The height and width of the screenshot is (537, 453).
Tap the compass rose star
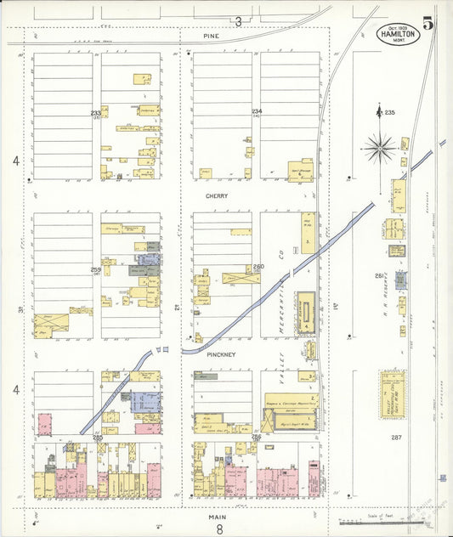pos(380,147)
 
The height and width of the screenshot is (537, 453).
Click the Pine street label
pos(211,37)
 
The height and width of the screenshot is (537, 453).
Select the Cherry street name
pos(216,195)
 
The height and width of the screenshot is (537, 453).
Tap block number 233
pos(96,113)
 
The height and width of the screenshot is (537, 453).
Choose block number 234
pos(256,112)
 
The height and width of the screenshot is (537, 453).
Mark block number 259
pos(96,269)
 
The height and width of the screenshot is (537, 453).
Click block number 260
pos(258,267)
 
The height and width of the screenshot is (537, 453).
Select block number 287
pos(395,437)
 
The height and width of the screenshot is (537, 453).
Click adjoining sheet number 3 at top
pos(239,21)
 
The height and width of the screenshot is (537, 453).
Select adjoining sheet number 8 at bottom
pos(218,529)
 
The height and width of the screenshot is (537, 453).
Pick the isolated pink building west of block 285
pos(43,423)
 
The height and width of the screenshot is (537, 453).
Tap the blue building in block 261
pos(400,280)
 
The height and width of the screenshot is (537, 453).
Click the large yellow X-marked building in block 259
pos(51,322)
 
